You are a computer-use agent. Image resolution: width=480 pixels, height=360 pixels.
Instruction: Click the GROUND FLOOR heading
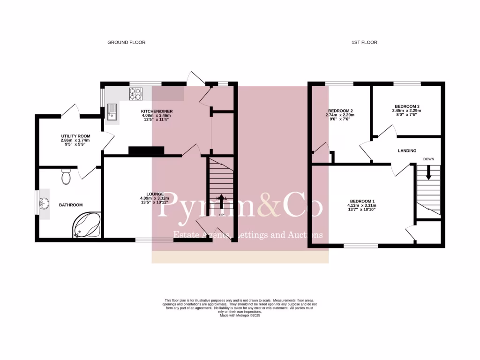pyautogui.click(x=126, y=42)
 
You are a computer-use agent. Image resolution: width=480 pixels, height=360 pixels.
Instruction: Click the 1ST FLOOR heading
pyautogui.click(x=364, y=42)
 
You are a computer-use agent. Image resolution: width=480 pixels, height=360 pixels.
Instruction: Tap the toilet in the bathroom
pyautogui.click(x=66, y=177)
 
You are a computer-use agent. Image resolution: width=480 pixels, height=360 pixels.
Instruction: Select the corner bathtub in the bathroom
pyautogui.click(x=87, y=225)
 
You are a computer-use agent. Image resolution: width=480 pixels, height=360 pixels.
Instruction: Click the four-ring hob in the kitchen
pyautogui.click(x=135, y=95)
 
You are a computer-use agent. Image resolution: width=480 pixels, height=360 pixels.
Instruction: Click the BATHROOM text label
pyautogui.click(x=70, y=205)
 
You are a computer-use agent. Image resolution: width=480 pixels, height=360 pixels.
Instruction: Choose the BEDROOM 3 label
pyautogui.click(x=406, y=106)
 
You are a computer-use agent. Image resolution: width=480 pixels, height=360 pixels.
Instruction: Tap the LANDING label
pyautogui.click(x=407, y=150)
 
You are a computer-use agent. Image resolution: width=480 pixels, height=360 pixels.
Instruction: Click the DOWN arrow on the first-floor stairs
pyautogui.click(x=428, y=173)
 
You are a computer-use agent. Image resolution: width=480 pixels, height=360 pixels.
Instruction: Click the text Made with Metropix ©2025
pyautogui.click(x=240, y=315)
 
